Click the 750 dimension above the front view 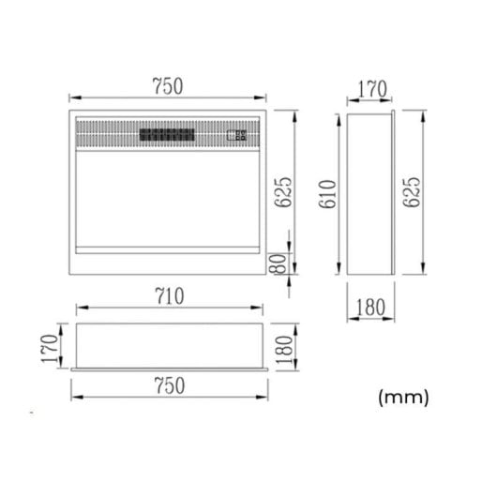click(169, 85)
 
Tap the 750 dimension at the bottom click(169, 384)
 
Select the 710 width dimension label click(169, 296)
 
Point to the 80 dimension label click(279, 264)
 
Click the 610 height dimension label click(328, 194)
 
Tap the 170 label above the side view click(370, 90)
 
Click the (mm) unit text click(402, 398)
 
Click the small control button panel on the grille click(236, 135)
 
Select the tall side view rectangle click(369, 194)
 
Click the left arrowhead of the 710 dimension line click(77, 307)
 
